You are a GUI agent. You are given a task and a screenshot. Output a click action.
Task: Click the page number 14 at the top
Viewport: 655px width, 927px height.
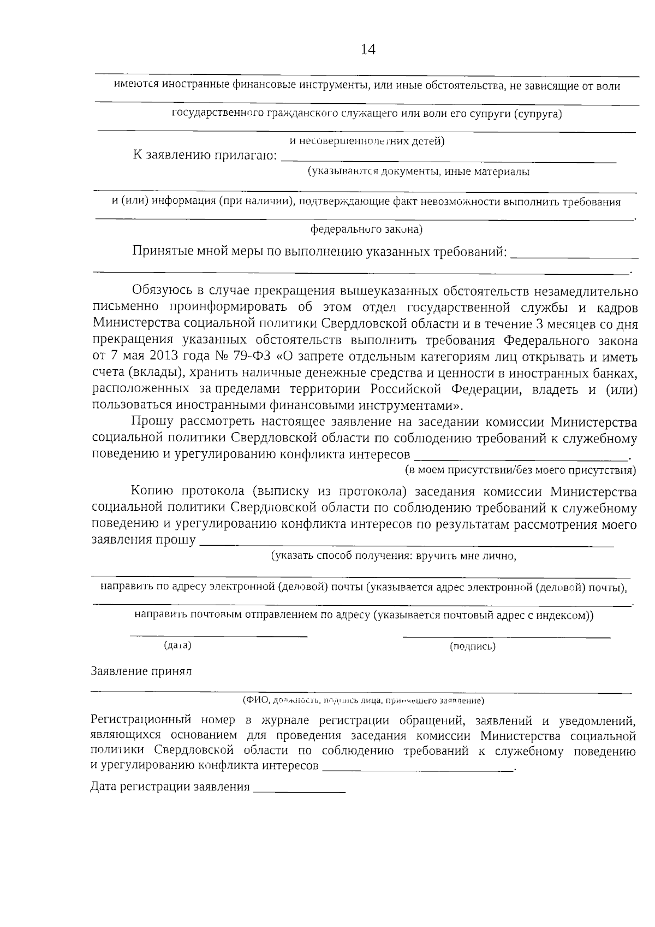pos(368,50)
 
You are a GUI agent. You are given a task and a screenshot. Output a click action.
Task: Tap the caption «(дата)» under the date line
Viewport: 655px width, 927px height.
pos(177,645)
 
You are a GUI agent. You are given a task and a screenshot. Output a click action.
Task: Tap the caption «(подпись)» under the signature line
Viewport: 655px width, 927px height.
pos(473,646)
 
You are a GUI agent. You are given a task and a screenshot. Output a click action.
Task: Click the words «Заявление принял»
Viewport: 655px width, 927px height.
pos(141,671)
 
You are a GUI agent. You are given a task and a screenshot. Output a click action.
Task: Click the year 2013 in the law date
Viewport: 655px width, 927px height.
pos(163,357)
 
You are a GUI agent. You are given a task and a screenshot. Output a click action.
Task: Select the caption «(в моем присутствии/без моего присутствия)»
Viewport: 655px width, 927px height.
pos(520,470)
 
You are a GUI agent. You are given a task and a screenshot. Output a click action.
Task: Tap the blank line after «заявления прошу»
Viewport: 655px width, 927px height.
pos(407,543)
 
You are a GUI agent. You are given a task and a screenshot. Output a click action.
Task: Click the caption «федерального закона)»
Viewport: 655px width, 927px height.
pos(366,229)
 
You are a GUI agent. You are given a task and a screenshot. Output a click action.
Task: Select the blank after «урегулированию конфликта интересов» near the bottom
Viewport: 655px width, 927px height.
pos(418,768)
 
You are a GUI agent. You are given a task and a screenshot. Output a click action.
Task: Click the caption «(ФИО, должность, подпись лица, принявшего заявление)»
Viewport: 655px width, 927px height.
pos(364,700)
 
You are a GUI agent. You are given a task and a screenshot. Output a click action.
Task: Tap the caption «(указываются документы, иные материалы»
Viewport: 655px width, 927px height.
pos(418,172)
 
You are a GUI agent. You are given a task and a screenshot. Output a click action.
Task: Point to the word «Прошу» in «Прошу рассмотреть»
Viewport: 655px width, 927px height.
pos(152,422)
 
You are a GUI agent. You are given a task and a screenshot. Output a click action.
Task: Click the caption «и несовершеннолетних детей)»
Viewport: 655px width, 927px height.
pos(367,141)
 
